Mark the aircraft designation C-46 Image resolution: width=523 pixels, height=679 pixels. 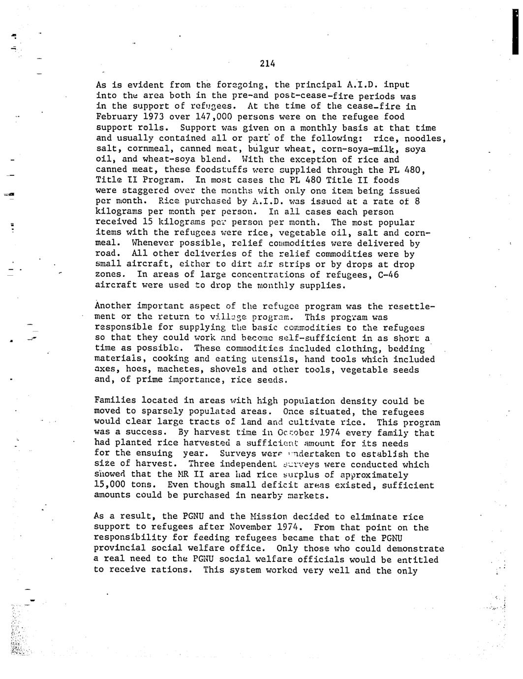(388, 275)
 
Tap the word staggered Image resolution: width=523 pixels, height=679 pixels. (138, 191)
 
